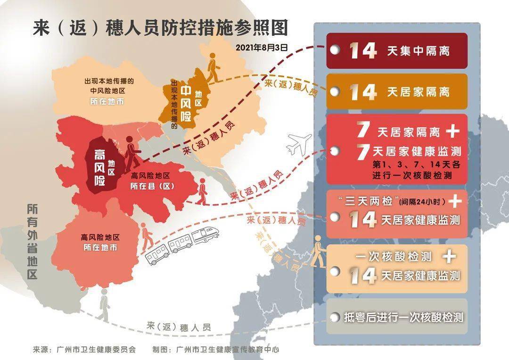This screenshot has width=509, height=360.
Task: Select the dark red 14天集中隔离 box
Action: click(x=396, y=50)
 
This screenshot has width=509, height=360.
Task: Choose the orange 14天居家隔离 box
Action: click(x=396, y=91)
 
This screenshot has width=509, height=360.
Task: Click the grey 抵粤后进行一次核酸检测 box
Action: click(x=396, y=317)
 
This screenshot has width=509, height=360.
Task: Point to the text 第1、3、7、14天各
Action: click(x=410, y=165)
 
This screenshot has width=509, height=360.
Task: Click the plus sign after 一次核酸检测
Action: click(x=450, y=256)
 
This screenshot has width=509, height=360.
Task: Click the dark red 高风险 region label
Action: click(x=100, y=167)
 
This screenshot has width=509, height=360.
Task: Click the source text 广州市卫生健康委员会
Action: click(x=96, y=350)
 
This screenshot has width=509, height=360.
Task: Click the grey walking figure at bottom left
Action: click(x=104, y=305)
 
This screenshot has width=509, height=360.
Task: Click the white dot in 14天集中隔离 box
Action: click(x=334, y=50)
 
